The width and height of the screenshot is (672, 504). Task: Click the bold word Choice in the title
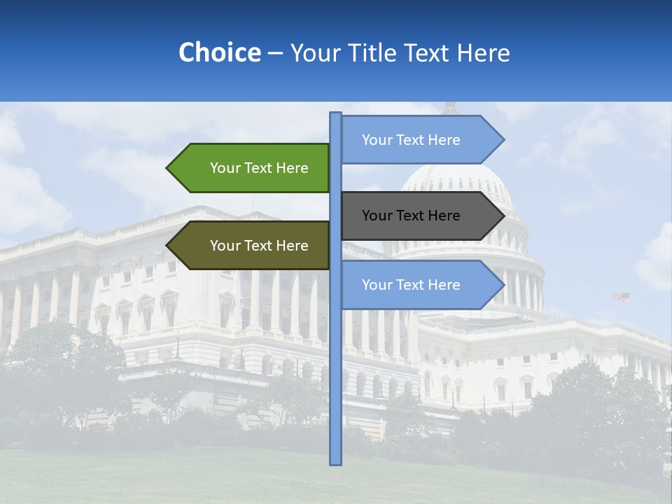point(219,52)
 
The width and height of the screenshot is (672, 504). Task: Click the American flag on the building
point(621,297)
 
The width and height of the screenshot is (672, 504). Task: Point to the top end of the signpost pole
point(335,114)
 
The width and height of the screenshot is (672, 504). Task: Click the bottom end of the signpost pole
point(335,463)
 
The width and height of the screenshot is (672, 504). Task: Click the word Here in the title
point(483,52)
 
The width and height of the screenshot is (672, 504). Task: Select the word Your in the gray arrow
point(376,216)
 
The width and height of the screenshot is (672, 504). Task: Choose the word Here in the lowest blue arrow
point(445,285)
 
